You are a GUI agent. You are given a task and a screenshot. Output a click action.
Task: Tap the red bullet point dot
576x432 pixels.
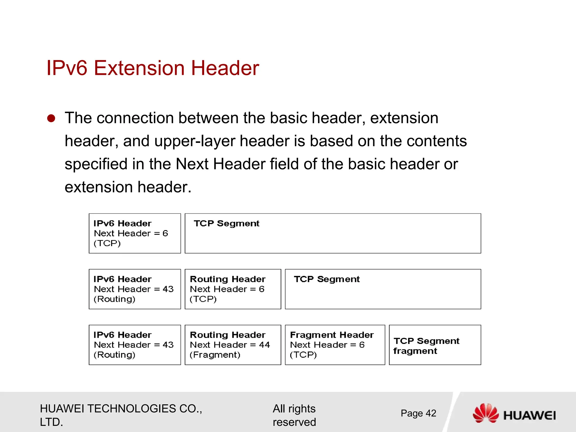pyautogui.click(x=51, y=118)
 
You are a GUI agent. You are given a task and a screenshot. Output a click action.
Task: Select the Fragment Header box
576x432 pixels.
pyautogui.click(x=335, y=345)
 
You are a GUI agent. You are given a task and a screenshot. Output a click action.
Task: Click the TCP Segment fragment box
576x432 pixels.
pyautogui.click(x=435, y=345)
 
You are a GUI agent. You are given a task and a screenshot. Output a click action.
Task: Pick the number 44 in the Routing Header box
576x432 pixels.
pyautogui.click(x=264, y=345)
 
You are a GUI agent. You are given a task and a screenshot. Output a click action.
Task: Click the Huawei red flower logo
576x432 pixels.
pyautogui.click(x=485, y=413)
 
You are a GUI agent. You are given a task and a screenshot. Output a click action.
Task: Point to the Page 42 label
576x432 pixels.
pyautogui.click(x=418, y=413)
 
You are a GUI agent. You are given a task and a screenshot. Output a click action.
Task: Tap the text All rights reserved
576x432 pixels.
pyautogui.click(x=294, y=415)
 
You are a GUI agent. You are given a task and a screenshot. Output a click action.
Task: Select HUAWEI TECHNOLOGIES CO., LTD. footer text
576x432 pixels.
pyautogui.click(x=121, y=415)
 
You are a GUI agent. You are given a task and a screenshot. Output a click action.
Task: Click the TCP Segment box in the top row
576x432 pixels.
pyautogui.click(x=333, y=233)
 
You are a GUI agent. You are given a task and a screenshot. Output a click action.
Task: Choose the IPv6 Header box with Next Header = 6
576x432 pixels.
pyautogui.click(x=135, y=233)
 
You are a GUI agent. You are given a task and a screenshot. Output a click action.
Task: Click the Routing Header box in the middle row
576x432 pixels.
pyautogui.click(x=233, y=289)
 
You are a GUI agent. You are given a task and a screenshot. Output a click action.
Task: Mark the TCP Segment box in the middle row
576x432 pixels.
pyautogui.click(x=383, y=289)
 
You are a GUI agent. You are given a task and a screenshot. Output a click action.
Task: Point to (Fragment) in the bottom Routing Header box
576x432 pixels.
pyautogui.click(x=215, y=355)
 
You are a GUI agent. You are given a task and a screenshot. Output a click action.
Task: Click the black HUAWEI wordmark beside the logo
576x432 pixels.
pyautogui.click(x=529, y=415)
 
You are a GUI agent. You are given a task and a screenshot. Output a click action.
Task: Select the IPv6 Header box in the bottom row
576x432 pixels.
pyautogui.click(x=135, y=345)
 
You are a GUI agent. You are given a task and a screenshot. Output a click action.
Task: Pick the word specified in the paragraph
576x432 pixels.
pyautogui.click(x=96, y=164)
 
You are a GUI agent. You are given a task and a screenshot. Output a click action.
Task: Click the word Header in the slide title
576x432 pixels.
pyautogui.click(x=225, y=68)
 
